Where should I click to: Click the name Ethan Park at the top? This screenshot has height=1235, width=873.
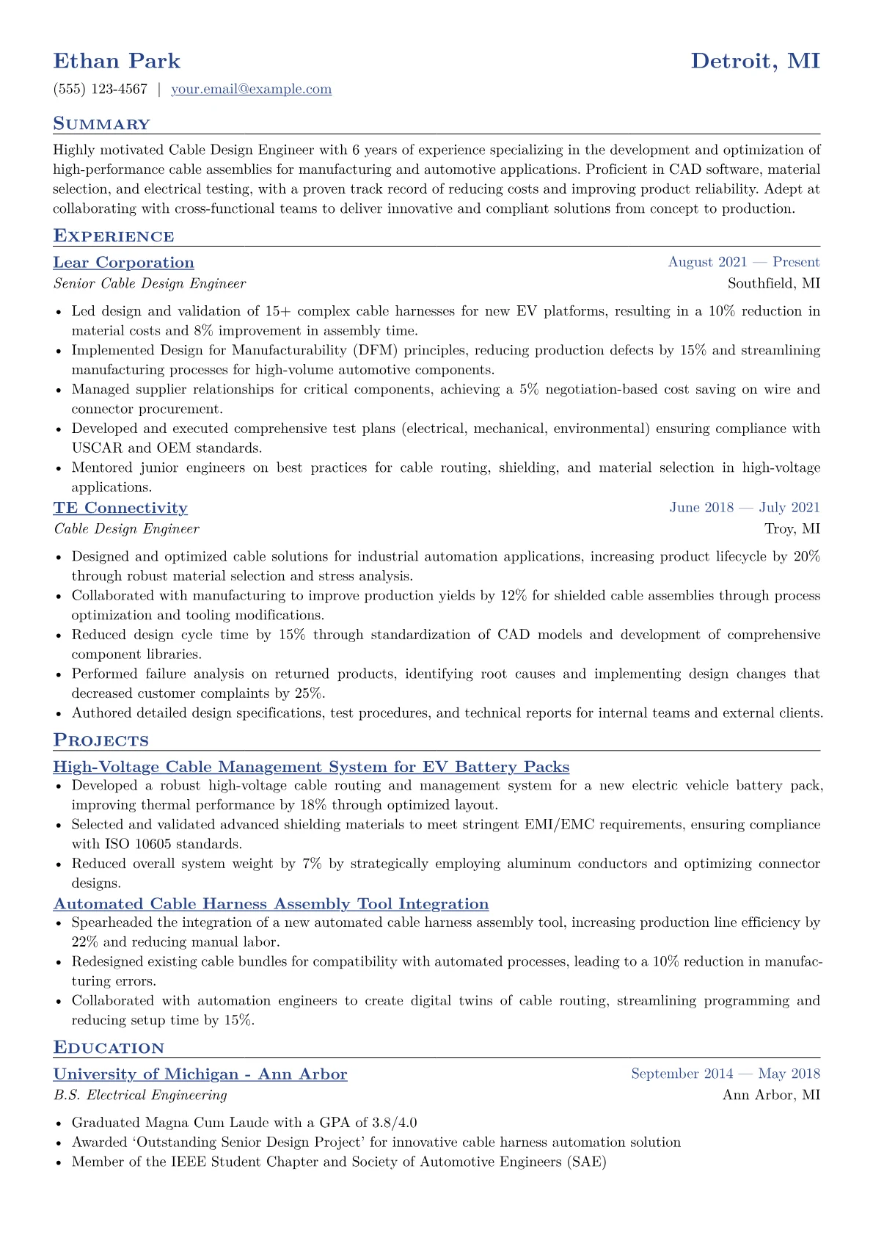[117, 61]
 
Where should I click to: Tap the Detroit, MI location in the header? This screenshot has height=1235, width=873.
[755, 61]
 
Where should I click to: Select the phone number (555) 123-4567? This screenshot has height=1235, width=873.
[101, 90]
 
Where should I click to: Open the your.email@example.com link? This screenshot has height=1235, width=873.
[251, 90]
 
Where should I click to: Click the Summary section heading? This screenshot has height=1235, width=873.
[101, 124]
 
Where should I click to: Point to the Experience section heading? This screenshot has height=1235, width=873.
[114, 236]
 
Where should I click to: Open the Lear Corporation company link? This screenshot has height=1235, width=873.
[123, 263]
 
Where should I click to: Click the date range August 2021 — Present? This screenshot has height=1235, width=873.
[743, 263]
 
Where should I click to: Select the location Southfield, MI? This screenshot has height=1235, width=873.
[773, 283]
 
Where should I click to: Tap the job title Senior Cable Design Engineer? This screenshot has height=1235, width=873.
[150, 283]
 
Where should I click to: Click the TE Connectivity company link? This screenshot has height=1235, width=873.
[120, 508]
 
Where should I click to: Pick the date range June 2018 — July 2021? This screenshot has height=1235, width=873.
[744, 508]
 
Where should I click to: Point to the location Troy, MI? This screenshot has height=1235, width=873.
[792, 528]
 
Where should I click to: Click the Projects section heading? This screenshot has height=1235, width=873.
[101, 740]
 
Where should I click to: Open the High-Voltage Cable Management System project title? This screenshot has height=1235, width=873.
[311, 767]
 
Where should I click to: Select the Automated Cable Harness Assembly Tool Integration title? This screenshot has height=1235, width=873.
[271, 904]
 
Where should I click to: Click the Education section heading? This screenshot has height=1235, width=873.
[109, 1048]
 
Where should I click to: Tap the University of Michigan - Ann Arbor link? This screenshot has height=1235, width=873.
[200, 1074]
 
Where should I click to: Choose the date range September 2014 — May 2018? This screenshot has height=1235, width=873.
[725, 1074]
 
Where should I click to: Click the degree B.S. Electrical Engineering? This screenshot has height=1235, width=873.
[140, 1095]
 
